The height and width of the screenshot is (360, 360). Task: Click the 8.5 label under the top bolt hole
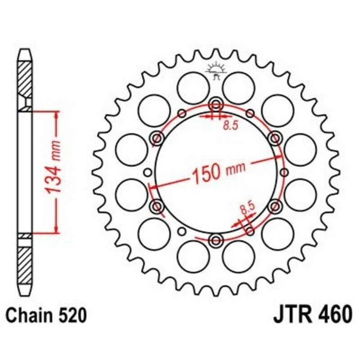pyautogui.click(x=230, y=126)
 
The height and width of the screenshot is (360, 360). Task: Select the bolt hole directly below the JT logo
pyautogui.click(x=216, y=105)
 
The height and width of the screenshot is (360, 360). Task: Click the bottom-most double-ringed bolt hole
pyautogui.click(x=216, y=239)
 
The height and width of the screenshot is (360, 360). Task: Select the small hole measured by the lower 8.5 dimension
pyautogui.click(x=250, y=232)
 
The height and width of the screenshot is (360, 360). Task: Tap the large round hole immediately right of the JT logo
pyautogui.click(x=239, y=88)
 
